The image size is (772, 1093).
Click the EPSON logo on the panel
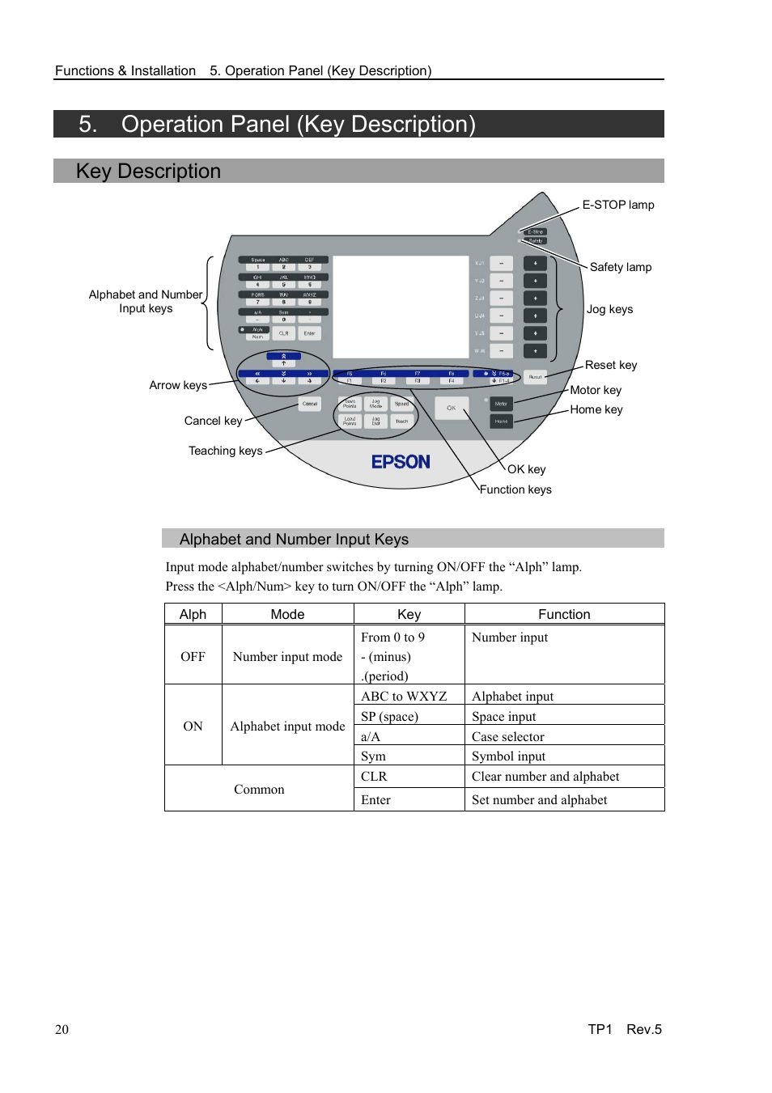coord(401,462)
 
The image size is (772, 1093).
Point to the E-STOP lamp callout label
coord(617,205)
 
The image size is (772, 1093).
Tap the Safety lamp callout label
coord(620,267)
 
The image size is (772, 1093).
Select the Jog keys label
coord(609,309)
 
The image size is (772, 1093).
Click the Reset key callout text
coord(611,365)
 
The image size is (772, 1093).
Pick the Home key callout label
coord(596,409)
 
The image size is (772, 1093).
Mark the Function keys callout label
coord(515,489)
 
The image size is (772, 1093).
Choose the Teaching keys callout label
coord(225,451)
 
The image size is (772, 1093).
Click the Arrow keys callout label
coord(178,385)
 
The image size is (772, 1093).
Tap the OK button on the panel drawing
coord(452,408)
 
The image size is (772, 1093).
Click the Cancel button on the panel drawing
coord(310,404)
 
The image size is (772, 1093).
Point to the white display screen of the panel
coord(401,307)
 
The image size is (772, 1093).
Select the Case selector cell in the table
coord(507,736)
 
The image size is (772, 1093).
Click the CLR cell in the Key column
coord(374,776)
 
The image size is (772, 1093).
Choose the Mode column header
coord(287,614)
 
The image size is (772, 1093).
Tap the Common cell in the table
coord(259,789)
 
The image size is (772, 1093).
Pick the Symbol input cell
coord(508,756)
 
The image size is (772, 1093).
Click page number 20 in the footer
coord(62,1029)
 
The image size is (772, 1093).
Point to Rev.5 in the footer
coord(643,1029)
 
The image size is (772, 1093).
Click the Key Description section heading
coord(148,172)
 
